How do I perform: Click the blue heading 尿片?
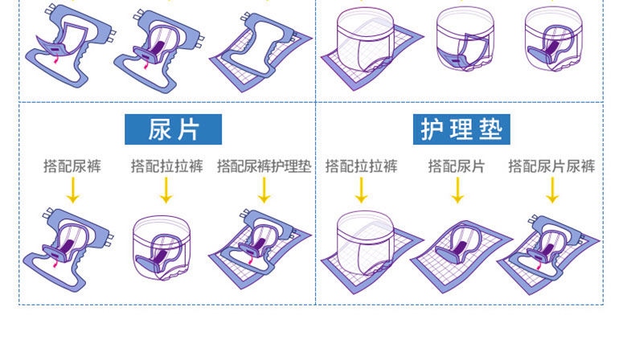pyautogui.click(x=173, y=129)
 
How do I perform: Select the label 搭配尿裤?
pyautogui.click(x=72, y=166)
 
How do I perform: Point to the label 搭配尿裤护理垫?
pyautogui.click(x=264, y=166)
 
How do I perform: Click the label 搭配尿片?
pyautogui.click(x=456, y=166)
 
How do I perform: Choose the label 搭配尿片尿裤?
pyautogui.click(x=551, y=166)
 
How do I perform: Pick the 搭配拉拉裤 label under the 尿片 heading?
pyautogui.click(x=167, y=166)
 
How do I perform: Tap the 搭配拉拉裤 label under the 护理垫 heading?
pyautogui.click(x=361, y=166)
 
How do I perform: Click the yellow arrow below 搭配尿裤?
pyautogui.click(x=72, y=190)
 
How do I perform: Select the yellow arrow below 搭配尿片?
pyautogui.click(x=457, y=190)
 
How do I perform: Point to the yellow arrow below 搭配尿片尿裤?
pyautogui.click(x=551, y=190)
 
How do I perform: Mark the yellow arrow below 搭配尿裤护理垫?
pyautogui.click(x=264, y=190)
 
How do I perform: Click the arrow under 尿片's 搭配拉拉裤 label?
pyautogui.click(x=166, y=190)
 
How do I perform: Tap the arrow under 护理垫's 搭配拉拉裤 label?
pyautogui.click(x=361, y=190)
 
